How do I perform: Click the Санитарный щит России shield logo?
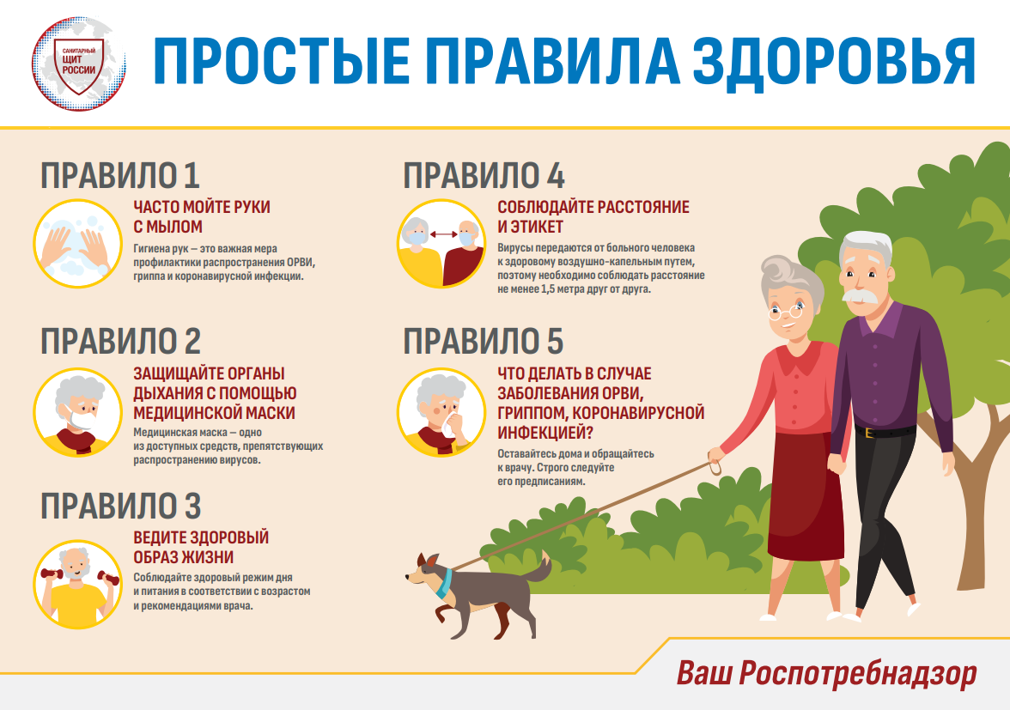pyautogui.click(x=79, y=64)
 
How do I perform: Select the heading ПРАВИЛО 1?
pyautogui.click(x=120, y=176)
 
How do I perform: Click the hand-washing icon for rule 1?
pyautogui.click(x=77, y=243)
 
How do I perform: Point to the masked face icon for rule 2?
pyautogui.click(x=77, y=412)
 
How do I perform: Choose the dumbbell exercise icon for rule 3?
pyautogui.click(x=77, y=584)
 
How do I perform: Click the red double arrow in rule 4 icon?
pyautogui.click(x=443, y=235)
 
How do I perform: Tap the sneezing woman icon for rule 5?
pyautogui.click(x=441, y=412)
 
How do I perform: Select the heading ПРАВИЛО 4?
pyautogui.click(x=484, y=176)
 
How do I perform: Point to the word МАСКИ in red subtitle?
pyautogui.click(x=265, y=413)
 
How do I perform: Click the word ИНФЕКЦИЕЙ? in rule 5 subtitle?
pyautogui.click(x=545, y=432)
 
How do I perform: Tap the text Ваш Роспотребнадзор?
pyautogui.click(x=826, y=673)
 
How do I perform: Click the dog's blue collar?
pyautogui.click(x=443, y=583)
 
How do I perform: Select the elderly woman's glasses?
pyautogui.click(x=786, y=313)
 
